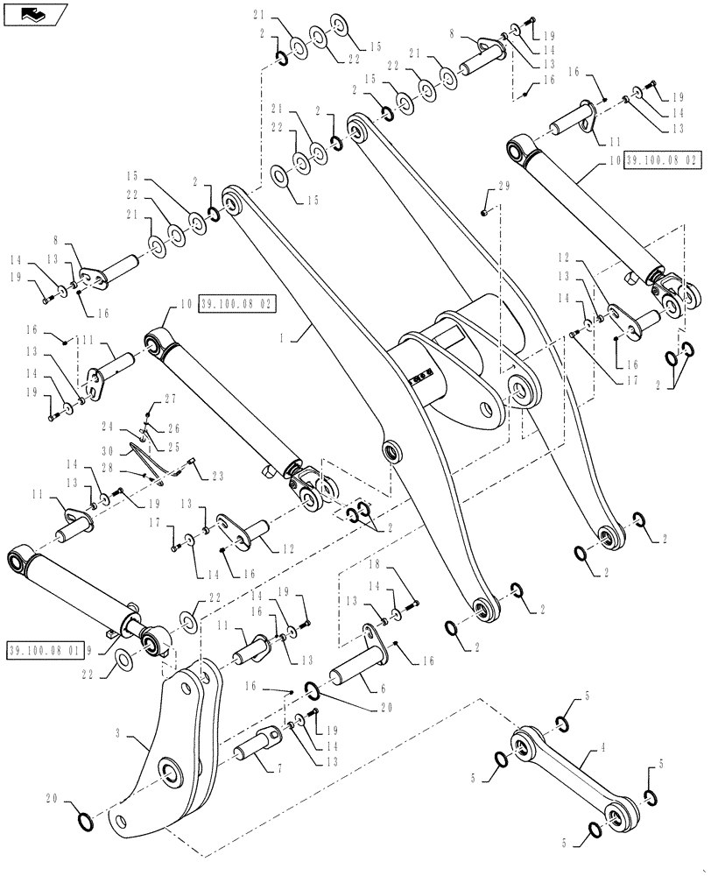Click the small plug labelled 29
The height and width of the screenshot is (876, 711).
pyautogui.click(x=486, y=211)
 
